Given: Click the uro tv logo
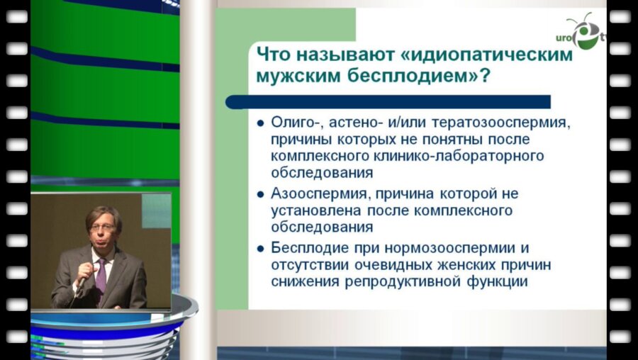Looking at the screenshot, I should pyautogui.click(x=584, y=33).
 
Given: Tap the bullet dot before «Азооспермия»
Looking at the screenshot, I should pyautogui.click(x=262, y=194).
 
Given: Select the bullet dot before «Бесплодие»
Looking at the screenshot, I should pyautogui.click(x=262, y=249).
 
